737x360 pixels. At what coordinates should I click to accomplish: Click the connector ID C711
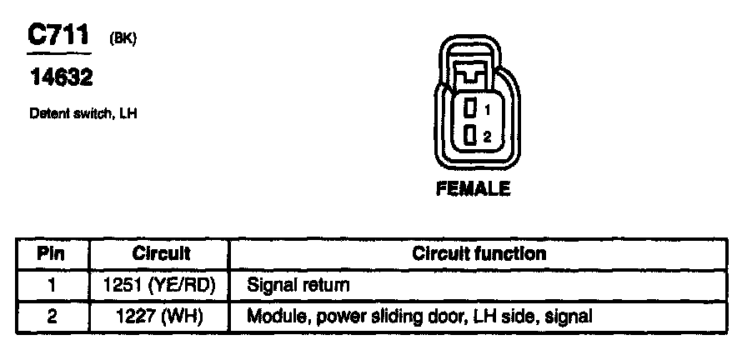[x=58, y=36]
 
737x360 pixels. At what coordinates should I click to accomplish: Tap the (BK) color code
[x=122, y=39]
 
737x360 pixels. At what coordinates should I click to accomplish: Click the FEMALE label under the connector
[x=473, y=189]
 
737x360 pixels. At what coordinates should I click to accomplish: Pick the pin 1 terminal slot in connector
[x=471, y=108]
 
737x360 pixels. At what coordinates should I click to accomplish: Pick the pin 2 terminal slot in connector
[x=471, y=135]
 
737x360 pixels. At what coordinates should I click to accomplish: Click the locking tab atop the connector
[x=472, y=72]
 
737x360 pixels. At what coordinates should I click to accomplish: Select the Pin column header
[x=52, y=253]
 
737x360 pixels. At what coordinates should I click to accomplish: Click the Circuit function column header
[x=479, y=253]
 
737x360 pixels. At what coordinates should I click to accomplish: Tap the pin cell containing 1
[x=52, y=285]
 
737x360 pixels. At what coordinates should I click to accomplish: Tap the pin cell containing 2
[x=52, y=316]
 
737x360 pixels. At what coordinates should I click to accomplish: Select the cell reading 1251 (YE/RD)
[x=160, y=285]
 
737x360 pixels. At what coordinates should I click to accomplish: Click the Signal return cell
[x=298, y=285]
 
